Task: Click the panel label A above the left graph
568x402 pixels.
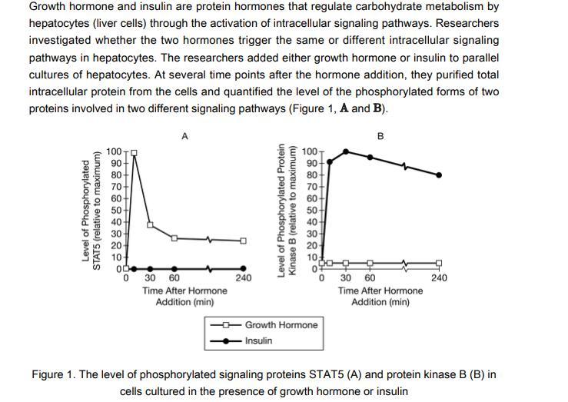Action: click(184, 136)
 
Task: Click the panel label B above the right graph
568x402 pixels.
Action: click(380, 136)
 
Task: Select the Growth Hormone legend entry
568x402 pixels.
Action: click(281, 325)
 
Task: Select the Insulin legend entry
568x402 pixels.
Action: click(258, 341)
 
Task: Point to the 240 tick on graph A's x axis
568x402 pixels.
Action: click(243, 278)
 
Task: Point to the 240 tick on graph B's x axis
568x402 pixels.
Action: click(439, 278)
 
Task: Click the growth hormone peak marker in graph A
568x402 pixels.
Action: click(134, 152)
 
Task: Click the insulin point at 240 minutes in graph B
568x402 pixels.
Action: click(439, 175)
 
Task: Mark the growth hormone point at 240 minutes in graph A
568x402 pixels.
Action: click(243, 241)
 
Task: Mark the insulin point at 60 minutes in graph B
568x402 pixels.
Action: click(370, 157)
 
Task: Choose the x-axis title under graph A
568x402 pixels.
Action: click(184, 297)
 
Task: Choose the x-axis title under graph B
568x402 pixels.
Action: click(380, 297)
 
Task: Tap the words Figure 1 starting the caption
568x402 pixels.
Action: click(53, 375)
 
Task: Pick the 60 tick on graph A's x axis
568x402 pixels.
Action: click(174, 278)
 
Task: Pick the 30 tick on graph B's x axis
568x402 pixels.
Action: click(346, 278)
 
